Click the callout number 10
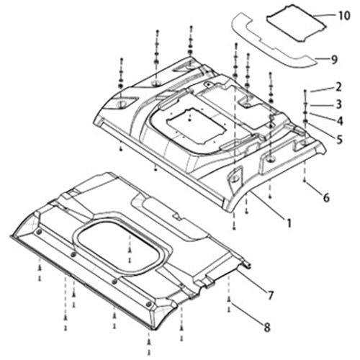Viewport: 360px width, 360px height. pos(344,16)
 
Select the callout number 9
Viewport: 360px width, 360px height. pos(334,60)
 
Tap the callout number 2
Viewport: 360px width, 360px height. pos(338,87)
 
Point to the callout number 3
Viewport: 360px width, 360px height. pos(338,104)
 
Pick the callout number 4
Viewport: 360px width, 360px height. pos(339,121)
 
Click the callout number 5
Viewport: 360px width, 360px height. pos(339,140)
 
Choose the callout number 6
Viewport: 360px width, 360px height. pos(326,198)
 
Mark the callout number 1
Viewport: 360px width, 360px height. pos(289,223)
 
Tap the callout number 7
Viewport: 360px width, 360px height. pos(271,295)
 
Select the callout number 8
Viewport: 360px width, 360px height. pos(267,328)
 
